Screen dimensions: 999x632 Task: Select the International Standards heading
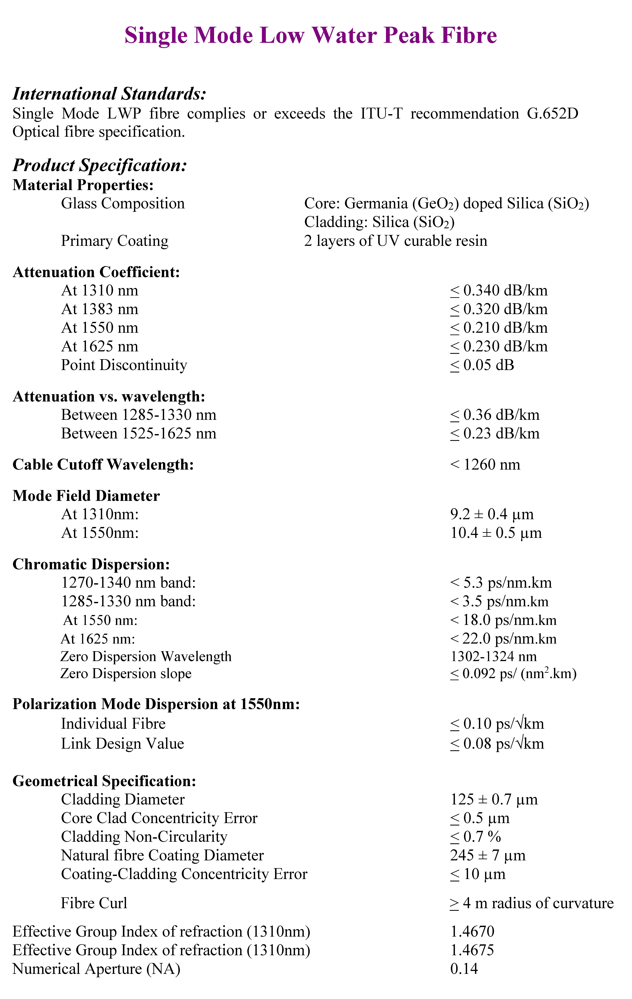pos(109,94)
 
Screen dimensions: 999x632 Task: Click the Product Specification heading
pos(100,165)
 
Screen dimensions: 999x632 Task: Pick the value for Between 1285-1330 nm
pos(495,415)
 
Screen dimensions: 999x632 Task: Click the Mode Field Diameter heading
pos(86,496)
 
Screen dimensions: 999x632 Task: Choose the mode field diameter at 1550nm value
pos(496,533)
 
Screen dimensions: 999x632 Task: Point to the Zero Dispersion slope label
pos(126,673)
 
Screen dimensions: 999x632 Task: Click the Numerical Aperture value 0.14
pos(464,969)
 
